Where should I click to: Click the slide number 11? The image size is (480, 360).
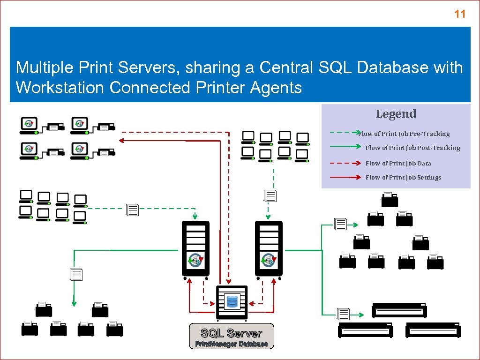(x=460, y=14)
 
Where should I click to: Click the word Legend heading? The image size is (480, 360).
(x=396, y=114)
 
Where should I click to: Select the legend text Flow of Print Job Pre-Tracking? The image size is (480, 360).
(x=404, y=134)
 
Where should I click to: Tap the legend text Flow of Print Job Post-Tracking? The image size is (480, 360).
(x=412, y=148)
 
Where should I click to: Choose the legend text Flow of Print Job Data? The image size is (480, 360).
(x=398, y=163)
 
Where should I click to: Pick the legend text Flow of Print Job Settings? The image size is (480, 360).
(x=403, y=177)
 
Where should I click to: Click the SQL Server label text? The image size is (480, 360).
(x=231, y=333)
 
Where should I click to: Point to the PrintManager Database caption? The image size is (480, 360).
(x=232, y=344)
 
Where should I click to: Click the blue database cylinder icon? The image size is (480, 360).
(x=232, y=301)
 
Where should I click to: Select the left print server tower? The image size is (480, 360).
(x=195, y=248)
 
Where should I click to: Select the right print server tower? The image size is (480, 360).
(x=269, y=248)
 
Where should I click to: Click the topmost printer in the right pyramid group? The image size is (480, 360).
(x=390, y=200)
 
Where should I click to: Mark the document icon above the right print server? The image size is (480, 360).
(x=270, y=196)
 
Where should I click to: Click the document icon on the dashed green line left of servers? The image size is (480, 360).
(x=133, y=210)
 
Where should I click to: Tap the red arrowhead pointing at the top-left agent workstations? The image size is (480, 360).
(x=121, y=140)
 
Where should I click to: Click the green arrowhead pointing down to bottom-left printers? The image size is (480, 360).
(x=74, y=303)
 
